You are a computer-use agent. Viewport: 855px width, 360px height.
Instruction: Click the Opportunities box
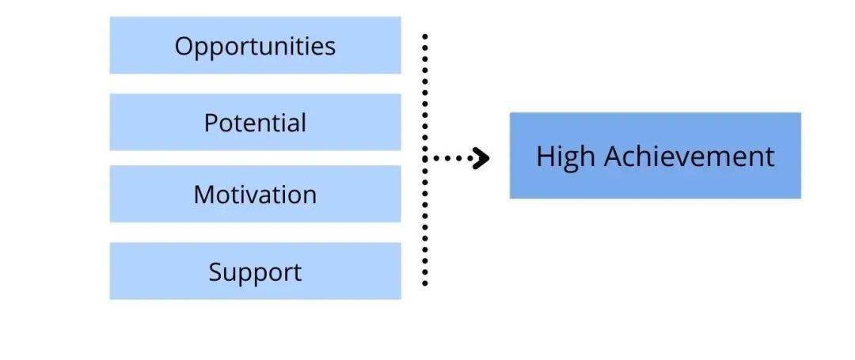255,45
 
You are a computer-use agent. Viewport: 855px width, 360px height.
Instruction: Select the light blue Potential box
255,122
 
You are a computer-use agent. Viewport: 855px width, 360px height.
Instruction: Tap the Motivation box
255,194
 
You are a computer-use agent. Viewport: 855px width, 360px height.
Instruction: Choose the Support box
255,271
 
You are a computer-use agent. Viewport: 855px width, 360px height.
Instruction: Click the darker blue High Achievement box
655,155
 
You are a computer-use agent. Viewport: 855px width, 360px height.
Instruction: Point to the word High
566,157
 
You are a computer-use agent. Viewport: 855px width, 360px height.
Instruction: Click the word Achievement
690,157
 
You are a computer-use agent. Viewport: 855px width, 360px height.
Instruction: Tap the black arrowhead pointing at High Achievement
481,158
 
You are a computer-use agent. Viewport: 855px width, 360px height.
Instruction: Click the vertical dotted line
425,160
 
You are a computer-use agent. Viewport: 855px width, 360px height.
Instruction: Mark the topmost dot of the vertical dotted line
425,36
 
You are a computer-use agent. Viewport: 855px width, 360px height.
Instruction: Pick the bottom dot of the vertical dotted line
425,283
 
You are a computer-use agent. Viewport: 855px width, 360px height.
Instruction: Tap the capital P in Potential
211,123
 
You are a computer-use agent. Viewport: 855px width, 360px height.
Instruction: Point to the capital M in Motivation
204,195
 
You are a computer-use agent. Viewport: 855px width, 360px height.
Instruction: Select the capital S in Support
216,271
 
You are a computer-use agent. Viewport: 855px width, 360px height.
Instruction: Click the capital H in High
546,157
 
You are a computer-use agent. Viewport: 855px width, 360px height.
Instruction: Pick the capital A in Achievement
615,157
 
